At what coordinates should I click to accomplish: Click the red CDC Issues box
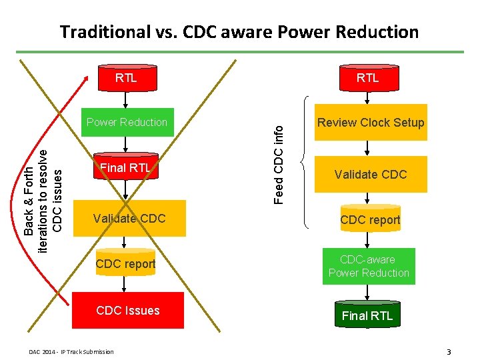127,310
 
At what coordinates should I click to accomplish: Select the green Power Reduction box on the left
127,122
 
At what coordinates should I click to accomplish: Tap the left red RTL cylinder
126,78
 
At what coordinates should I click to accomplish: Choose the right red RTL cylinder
367,78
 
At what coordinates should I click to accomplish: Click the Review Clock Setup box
371,122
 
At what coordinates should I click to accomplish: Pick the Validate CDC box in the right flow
371,174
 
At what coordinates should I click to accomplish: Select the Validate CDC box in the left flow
129,218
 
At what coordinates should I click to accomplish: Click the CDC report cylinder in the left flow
125,264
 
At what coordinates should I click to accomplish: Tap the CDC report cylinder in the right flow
370,219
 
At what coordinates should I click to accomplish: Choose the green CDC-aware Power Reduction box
369,266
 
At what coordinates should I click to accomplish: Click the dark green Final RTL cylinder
367,315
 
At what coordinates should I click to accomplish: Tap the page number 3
449,351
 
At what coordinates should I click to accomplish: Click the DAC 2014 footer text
71,351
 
